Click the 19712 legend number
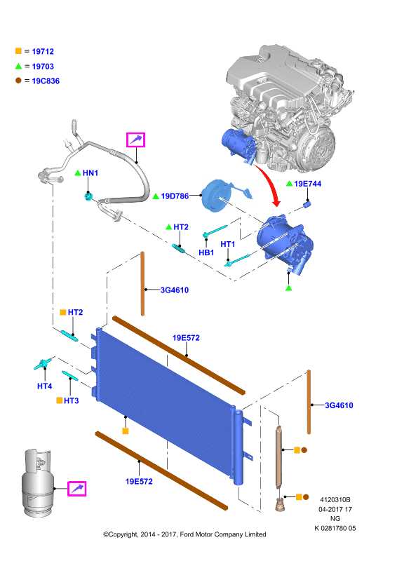click(43, 51)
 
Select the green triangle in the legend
click(19, 66)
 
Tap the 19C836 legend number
click(46, 81)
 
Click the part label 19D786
click(175, 196)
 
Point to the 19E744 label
click(307, 184)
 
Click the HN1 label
click(90, 173)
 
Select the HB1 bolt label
click(206, 252)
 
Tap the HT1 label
click(228, 244)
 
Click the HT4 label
click(44, 386)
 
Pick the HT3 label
click(72, 400)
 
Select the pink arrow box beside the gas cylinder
click(77, 488)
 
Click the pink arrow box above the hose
click(135, 140)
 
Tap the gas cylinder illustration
click(37, 483)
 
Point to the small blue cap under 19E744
click(307, 204)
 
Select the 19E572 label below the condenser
click(139, 482)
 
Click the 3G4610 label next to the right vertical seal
click(339, 405)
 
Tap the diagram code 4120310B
click(335, 500)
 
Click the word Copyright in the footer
click(123, 534)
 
